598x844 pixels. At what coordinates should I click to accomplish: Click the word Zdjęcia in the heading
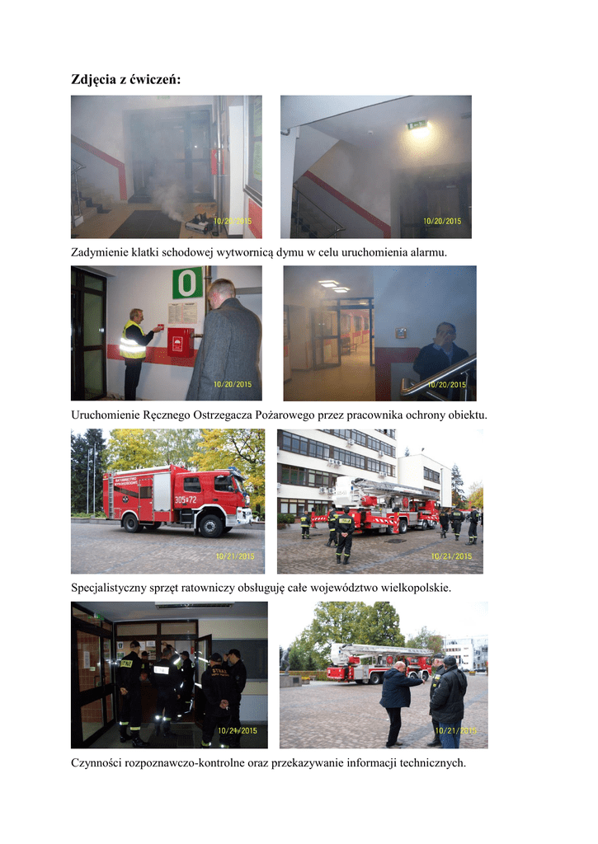pyautogui.click(x=93, y=80)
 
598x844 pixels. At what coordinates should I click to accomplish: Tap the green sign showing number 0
pyautogui.click(x=187, y=283)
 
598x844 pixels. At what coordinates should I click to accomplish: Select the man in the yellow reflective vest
pyautogui.click(x=134, y=353)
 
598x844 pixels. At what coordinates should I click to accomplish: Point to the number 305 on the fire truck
pyautogui.click(x=181, y=500)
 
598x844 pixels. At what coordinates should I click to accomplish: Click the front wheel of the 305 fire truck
pyautogui.click(x=211, y=525)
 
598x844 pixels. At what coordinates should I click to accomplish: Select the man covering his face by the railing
pyautogui.click(x=441, y=355)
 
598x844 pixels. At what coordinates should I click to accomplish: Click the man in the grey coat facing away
pyautogui.click(x=225, y=340)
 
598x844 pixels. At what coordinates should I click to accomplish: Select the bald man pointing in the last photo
pyautogui.click(x=399, y=703)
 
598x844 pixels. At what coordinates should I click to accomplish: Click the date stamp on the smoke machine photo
pyautogui.click(x=233, y=221)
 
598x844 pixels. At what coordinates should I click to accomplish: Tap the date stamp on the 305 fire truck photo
pyautogui.click(x=235, y=556)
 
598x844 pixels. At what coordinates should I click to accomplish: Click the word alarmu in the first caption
pyautogui.click(x=428, y=252)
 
